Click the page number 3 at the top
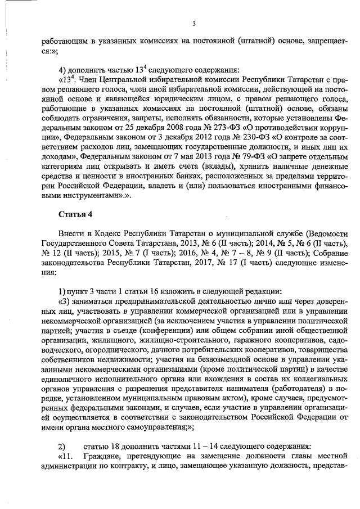pyautogui.click(x=193, y=23)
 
